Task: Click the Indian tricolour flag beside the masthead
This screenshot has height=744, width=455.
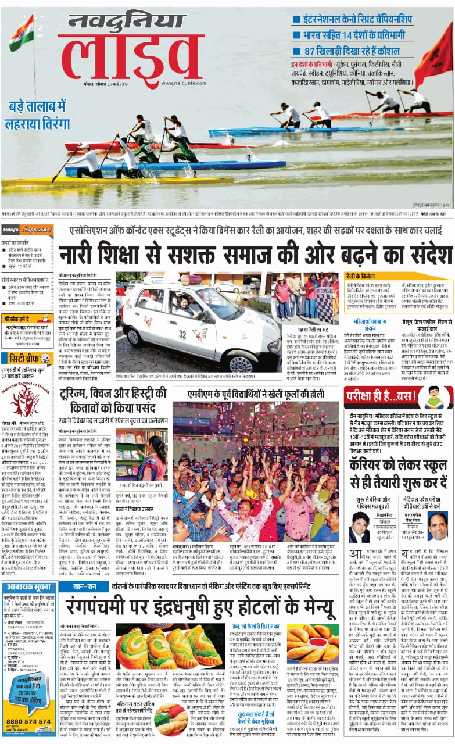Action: pyautogui.click(x=22, y=33)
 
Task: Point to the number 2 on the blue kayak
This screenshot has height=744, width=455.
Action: pyautogui.click(x=195, y=173)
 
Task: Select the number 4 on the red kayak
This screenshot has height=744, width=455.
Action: pyautogui.click(x=232, y=141)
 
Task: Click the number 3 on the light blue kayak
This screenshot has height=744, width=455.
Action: pyautogui.click(x=249, y=157)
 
